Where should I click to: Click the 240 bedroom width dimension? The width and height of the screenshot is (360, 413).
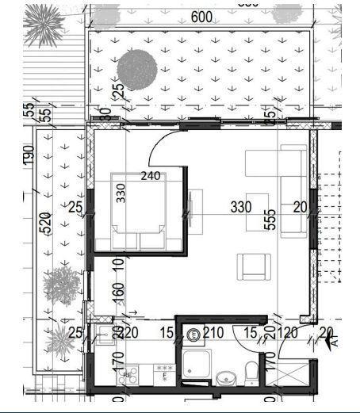151,176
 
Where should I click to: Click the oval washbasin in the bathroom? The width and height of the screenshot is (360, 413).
225,377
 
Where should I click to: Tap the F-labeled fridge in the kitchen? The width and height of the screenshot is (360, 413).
165,372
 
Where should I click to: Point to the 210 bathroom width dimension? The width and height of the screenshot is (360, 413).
213,333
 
